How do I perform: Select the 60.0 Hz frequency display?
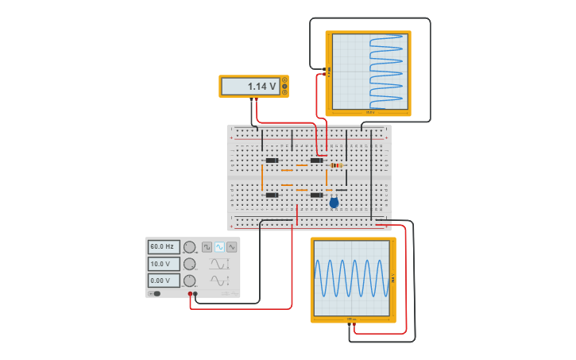click(164, 247)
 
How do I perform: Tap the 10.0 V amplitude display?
click(164, 264)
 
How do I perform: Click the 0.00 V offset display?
click(164, 281)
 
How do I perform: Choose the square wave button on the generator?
click(207, 247)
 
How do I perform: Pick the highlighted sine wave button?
click(219, 247)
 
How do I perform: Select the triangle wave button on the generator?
click(232, 247)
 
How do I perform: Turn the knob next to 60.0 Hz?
click(190, 247)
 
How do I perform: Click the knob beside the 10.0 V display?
click(190, 264)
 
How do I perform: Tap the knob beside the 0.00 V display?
click(190, 281)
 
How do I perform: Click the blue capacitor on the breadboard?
click(334, 203)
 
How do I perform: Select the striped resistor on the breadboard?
click(336, 165)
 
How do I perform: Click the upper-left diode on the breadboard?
click(272, 161)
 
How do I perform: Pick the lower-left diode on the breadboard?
click(272, 195)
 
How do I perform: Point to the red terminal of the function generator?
click(190, 294)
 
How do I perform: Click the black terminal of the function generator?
click(195, 294)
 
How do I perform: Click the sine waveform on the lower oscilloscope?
click(352, 278)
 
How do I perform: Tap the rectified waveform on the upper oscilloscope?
click(388, 72)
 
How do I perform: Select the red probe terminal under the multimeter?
click(255, 99)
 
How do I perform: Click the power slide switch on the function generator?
click(156, 293)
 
